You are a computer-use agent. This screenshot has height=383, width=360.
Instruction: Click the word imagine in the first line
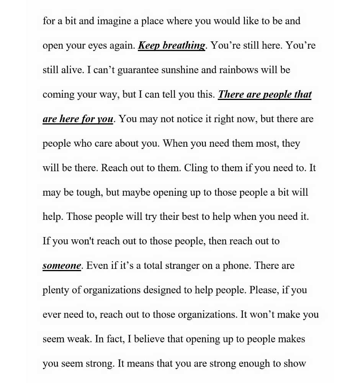[114, 21]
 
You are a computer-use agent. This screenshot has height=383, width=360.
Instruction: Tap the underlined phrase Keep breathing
[171, 46]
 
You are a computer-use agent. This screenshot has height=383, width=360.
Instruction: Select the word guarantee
[138, 70]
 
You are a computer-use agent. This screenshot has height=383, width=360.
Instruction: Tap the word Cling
[196, 168]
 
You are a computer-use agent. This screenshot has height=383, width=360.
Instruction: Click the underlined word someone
[62, 265]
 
